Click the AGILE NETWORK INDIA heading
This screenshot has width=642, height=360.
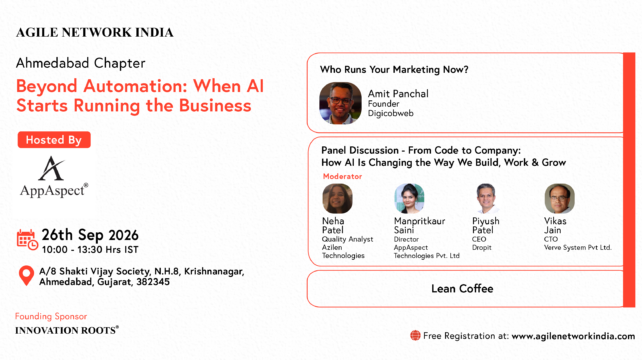[x=95, y=33]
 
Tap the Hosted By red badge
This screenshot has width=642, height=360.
[x=54, y=140]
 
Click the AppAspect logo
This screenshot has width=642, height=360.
[x=54, y=177]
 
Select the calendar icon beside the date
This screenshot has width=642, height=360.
[x=27, y=240]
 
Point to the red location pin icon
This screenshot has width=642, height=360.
[x=27, y=276]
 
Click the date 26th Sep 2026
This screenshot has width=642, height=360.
[x=90, y=235]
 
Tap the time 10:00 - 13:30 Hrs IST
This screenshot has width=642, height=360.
[x=90, y=250]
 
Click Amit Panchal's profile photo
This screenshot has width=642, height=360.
[x=340, y=103]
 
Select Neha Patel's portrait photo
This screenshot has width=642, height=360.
[x=337, y=199]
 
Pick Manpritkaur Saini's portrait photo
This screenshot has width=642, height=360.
[x=409, y=199]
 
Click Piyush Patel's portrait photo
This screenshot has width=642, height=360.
[x=486, y=199]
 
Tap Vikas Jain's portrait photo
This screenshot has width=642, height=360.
[x=559, y=199]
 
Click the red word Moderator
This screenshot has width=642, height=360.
[x=342, y=177]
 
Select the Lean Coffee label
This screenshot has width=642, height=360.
[x=462, y=289]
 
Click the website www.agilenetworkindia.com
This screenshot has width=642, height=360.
[x=573, y=336]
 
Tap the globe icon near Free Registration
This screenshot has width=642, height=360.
[x=415, y=336]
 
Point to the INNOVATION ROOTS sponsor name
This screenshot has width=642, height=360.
[x=67, y=330]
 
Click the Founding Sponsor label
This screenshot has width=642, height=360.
[x=51, y=316]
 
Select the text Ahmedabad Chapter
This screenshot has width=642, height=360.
[x=81, y=63]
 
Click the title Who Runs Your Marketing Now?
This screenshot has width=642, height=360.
[x=394, y=70]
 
